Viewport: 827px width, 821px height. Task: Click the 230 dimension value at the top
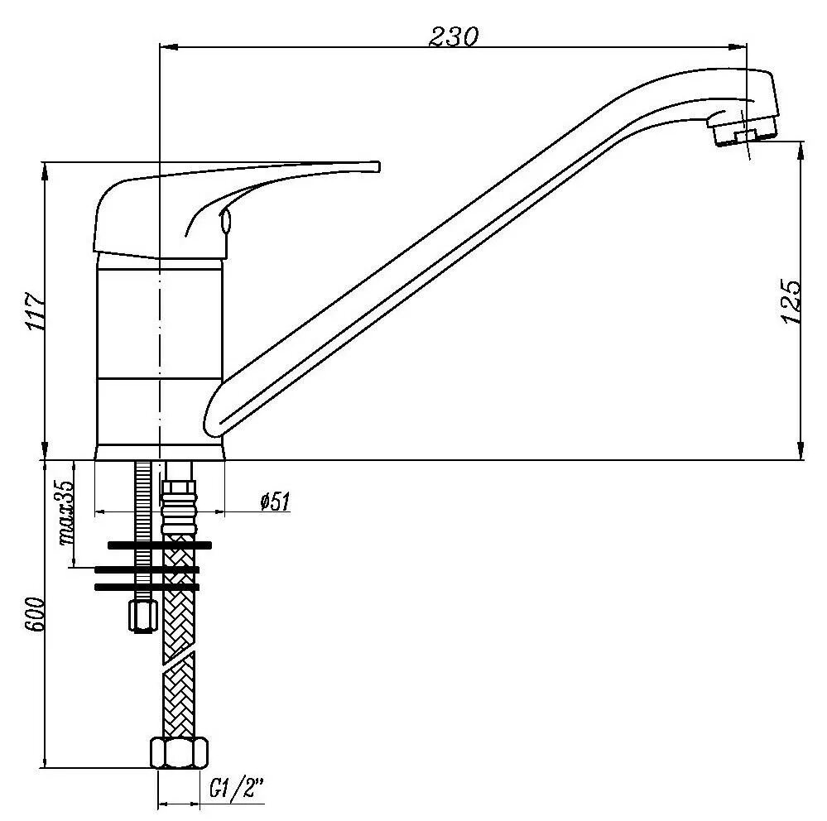pos(454,36)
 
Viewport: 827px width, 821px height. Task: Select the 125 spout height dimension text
pos(791,301)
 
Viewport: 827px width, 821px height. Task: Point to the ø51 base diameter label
pos(273,502)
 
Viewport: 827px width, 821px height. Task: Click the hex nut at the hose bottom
pos(180,752)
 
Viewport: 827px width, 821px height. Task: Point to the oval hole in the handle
pos(225,223)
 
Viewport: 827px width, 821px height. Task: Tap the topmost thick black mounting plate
pos(159,545)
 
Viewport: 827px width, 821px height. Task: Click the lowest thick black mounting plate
pos(147,587)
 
